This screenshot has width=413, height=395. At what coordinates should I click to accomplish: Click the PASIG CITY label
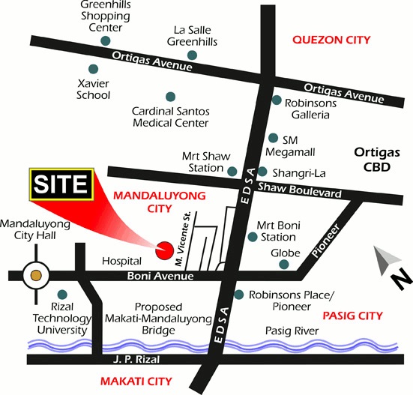pos(351,316)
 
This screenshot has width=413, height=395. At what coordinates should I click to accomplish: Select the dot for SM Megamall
pos(273,138)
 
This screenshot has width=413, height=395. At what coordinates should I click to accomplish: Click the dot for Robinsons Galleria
pos(277,100)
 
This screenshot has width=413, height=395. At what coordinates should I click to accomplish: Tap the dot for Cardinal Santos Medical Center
pos(171,96)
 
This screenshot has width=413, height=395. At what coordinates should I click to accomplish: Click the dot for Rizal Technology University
pos(61,294)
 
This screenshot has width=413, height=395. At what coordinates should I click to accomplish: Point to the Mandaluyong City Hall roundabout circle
pos(35,276)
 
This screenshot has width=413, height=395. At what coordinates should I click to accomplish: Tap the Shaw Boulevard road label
pos(299,190)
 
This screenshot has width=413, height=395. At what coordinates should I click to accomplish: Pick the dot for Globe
pos(284,265)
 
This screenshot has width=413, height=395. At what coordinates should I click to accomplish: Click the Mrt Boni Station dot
pos(253,237)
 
